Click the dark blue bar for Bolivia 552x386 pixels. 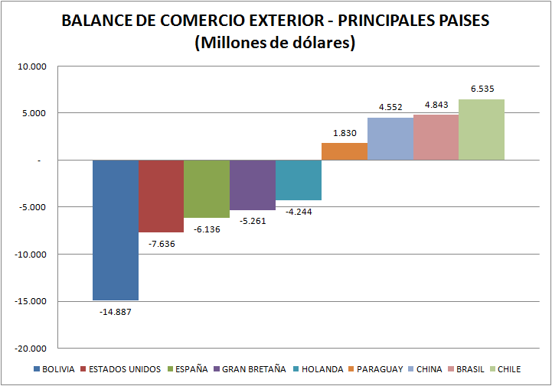pos(116,229)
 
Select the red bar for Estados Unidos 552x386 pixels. pos(161,196)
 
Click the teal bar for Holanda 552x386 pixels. pos(299,180)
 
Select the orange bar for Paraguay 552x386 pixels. pos(344,151)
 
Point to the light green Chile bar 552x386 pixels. pos(482,129)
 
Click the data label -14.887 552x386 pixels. pos(116,312)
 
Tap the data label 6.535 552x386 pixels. pos(482,89)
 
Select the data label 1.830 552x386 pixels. pos(345,133)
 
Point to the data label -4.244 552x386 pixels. pos(299,212)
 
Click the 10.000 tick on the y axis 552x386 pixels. pos(33,66)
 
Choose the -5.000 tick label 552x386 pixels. pos(33,207)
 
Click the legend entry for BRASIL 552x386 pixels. pos(470,370)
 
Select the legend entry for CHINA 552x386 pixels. pos(430,370)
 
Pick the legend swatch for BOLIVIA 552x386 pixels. pos(37,370)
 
